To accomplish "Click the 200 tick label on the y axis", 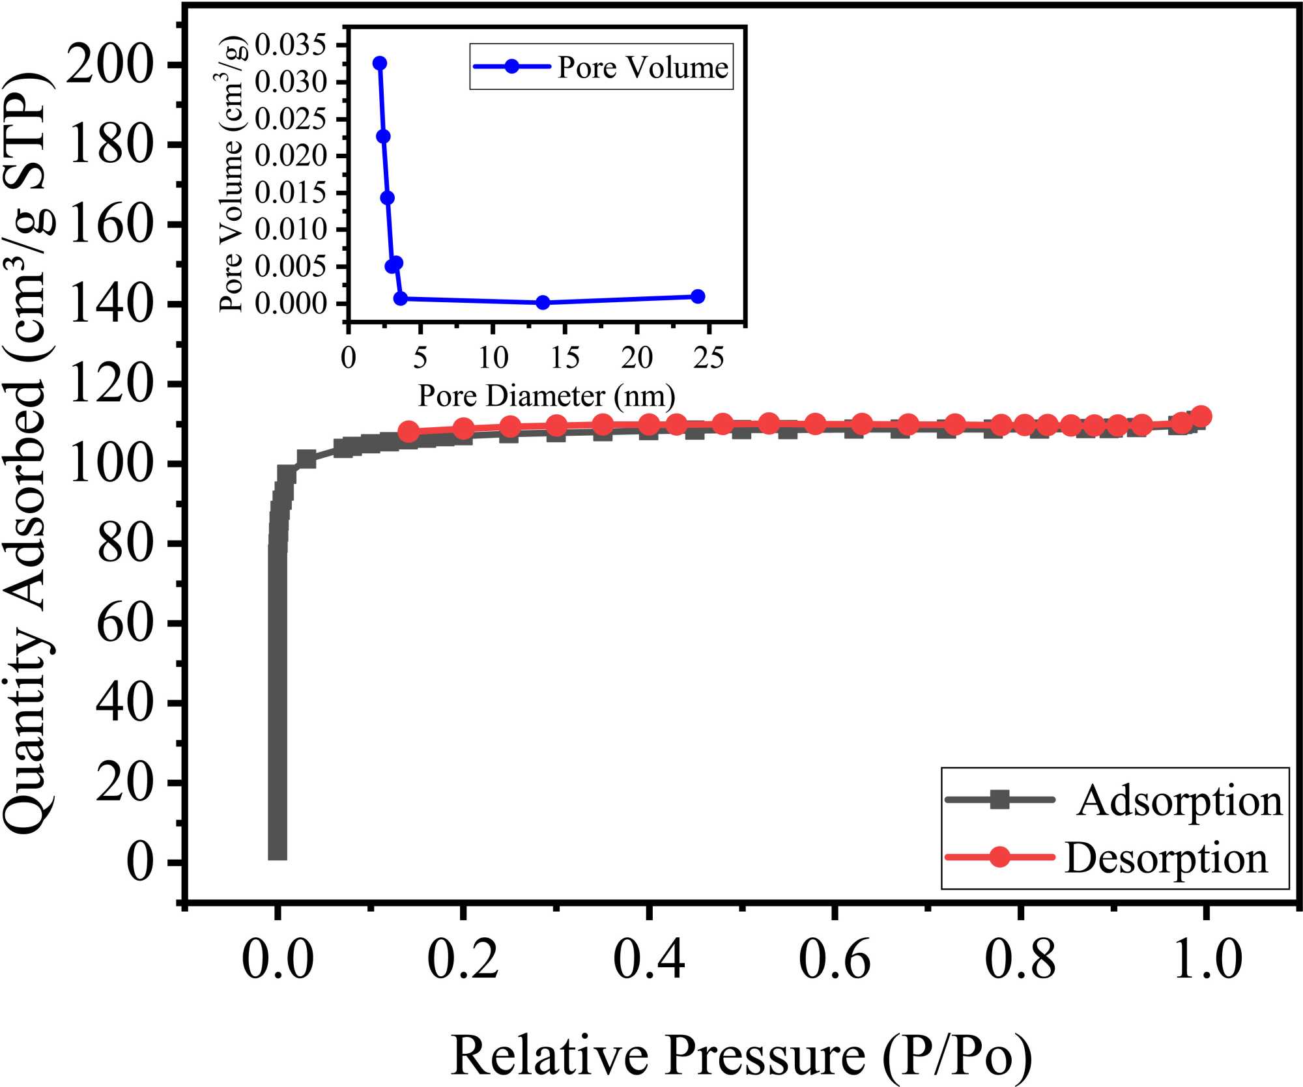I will pyautogui.click(x=109, y=65).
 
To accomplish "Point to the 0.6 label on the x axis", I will pyautogui.click(x=834, y=959).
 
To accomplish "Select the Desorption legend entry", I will pyautogui.click(x=1166, y=858).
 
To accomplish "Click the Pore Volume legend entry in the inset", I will pyautogui.click(x=642, y=67).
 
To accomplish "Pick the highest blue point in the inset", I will pyautogui.click(x=380, y=63).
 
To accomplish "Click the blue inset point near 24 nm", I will pyautogui.click(x=698, y=296).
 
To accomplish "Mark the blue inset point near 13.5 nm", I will pyautogui.click(x=543, y=302).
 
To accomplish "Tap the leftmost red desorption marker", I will pyautogui.click(x=408, y=431).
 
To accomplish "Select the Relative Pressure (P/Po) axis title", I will pyautogui.click(x=741, y=1055).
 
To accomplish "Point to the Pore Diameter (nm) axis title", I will pyautogui.click(x=546, y=396).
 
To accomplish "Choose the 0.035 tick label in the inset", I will pyautogui.click(x=291, y=46).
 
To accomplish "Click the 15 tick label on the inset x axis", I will pyautogui.click(x=565, y=358).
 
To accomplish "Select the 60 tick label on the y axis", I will pyautogui.click(x=124, y=623).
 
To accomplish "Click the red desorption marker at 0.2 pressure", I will pyautogui.click(x=463, y=429).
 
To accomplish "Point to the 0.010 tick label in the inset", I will pyautogui.click(x=291, y=229).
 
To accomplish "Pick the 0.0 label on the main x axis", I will pyautogui.click(x=278, y=959).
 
